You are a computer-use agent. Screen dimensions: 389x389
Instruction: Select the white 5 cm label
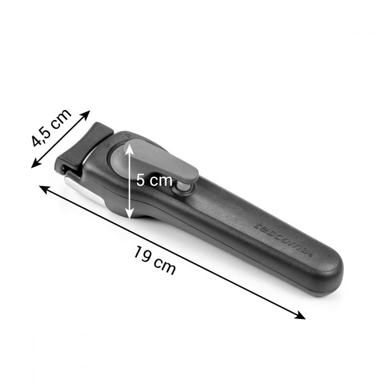[154, 180]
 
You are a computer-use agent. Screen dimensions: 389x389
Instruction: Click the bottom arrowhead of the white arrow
[128, 215]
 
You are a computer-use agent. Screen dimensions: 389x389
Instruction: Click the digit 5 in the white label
[141, 180]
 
